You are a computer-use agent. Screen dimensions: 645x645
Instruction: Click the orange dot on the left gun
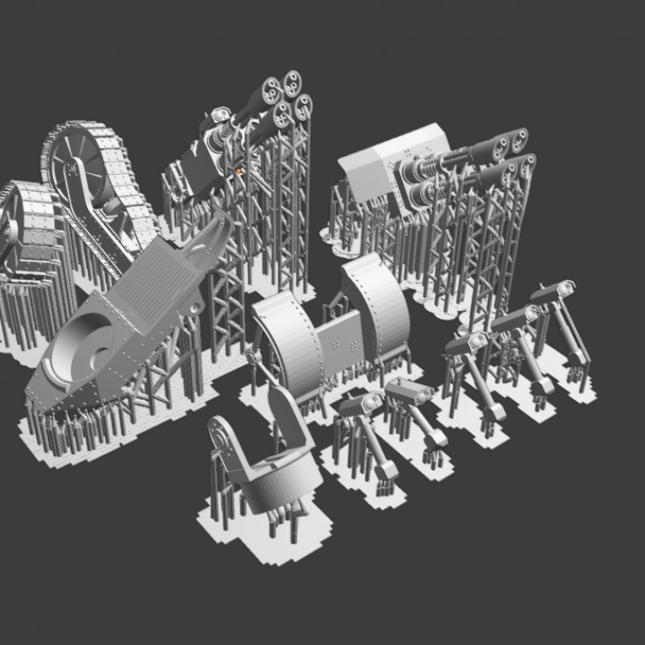tap(240, 169)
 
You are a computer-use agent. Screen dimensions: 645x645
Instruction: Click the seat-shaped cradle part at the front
tap(269, 466)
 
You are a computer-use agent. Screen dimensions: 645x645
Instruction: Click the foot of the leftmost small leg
tap(386, 471)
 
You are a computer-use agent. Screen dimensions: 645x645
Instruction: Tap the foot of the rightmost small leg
tap(578, 357)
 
